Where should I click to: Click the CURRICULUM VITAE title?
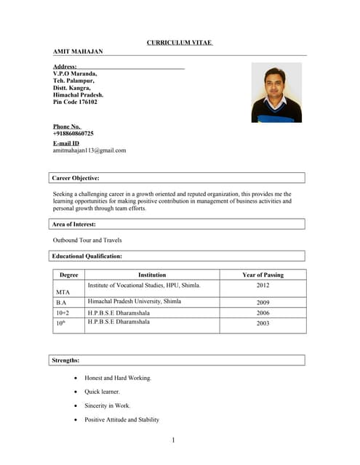(x=180, y=43)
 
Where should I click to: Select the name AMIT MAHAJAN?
(x=78, y=52)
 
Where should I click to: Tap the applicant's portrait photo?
(x=276, y=92)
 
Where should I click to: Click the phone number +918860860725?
(x=73, y=134)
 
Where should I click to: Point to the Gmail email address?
(x=89, y=150)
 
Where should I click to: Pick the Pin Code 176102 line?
(x=75, y=102)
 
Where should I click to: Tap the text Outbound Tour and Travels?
(x=87, y=240)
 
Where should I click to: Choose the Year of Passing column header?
(x=263, y=275)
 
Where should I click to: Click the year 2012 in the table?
(x=263, y=286)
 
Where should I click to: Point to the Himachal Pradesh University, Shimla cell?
(x=135, y=301)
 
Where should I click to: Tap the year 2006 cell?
(x=263, y=312)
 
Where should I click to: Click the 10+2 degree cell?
(x=63, y=312)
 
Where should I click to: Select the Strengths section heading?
(x=66, y=360)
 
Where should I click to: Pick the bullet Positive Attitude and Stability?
(x=121, y=420)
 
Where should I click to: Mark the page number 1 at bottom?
(x=174, y=440)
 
